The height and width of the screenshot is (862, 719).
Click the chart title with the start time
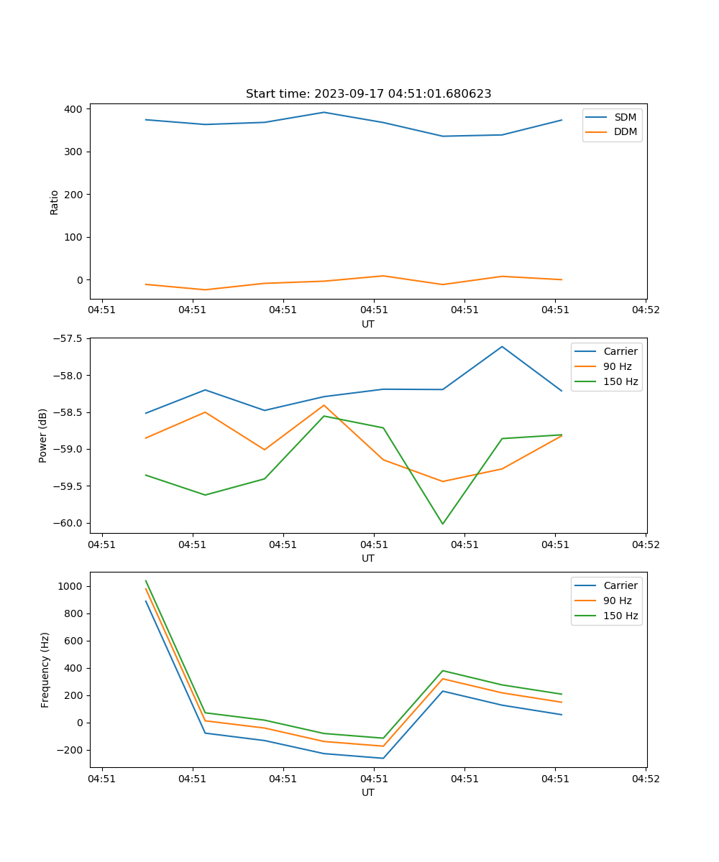tap(368, 94)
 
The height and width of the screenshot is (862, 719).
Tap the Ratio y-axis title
tap(55, 202)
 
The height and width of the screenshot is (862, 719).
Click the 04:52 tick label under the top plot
tap(645, 310)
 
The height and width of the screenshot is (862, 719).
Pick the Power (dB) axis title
tap(43, 435)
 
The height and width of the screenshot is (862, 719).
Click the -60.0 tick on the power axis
tap(68, 523)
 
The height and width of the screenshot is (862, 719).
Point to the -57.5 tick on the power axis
tap(68, 338)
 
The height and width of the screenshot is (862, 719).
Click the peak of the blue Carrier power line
tap(502, 346)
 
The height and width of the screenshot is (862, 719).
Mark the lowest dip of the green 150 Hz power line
tap(442, 524)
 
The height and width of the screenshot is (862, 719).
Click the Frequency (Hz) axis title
tap(45, 669)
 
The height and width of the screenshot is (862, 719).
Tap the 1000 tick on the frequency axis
tap(71, 586)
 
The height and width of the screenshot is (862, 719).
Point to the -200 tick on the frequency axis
tap(71, 750)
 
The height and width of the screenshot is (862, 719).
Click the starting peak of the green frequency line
tap(146, 580)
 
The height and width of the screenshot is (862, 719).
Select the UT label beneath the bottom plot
tap(368, 792)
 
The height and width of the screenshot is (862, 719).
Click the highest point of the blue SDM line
tap(324, 112)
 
